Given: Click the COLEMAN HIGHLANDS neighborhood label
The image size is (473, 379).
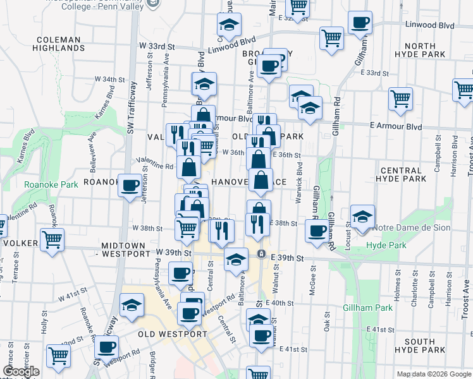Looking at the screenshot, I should point(59,44).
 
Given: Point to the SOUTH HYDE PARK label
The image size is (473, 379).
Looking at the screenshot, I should point(429,345).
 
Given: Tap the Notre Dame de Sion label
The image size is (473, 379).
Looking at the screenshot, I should point(411,227).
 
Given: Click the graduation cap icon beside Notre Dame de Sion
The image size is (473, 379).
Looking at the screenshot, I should point(362,216).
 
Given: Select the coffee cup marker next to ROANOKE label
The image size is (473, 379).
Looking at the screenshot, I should point(130,186).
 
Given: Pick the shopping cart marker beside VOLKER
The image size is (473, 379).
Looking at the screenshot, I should point(52,239).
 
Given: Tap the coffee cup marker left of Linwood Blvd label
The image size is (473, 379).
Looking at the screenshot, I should point(360,23).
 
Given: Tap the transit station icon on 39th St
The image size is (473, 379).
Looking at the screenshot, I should point(261,254).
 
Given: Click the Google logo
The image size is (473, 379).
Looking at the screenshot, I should point(20,371).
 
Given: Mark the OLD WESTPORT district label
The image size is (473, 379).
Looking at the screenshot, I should point(172,334).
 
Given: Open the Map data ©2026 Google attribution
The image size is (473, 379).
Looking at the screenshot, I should point(433,374).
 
